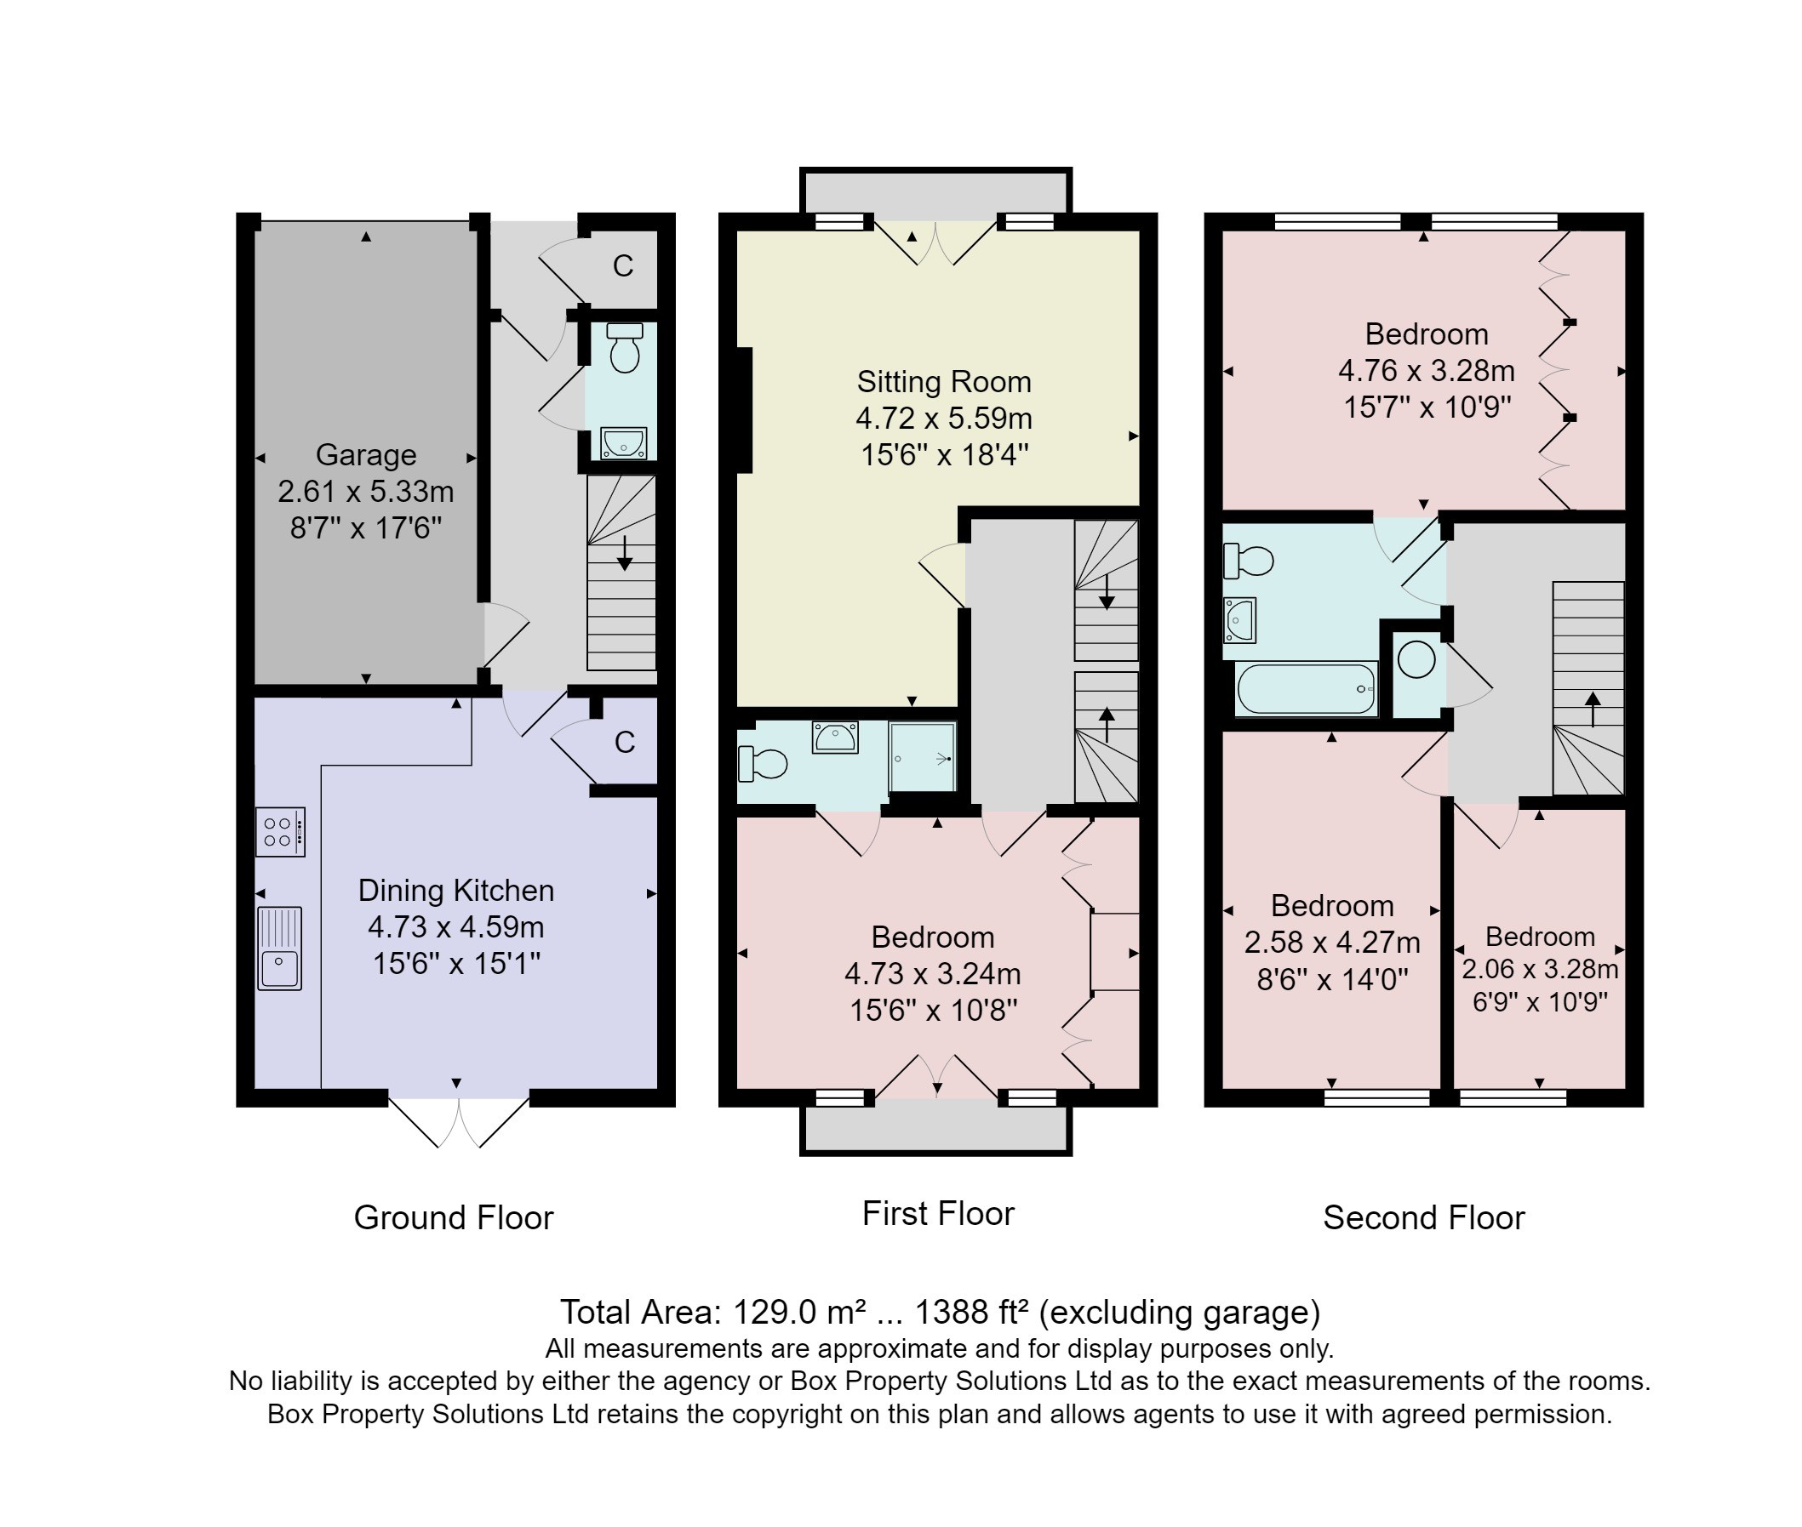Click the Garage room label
point(365,454)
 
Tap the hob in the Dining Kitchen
point(280,832)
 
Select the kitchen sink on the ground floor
point(279,948)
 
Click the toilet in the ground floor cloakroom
point(624,347)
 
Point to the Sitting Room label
point(944,382)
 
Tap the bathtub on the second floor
point(1307,688)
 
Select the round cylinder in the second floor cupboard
point(1416,660)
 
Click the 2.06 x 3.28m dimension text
point(1540,969)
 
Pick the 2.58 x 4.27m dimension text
point(1332,942)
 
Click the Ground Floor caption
point(453,1218)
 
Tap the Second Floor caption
point(1423,1218)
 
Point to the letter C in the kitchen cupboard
point(624,742)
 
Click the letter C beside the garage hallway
point(622,265)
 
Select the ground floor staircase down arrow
point(623,552)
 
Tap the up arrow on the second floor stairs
point(1593,709)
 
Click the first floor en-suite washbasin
point(835,738)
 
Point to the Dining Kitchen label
point(455,891)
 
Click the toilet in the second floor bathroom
point(1248,561)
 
